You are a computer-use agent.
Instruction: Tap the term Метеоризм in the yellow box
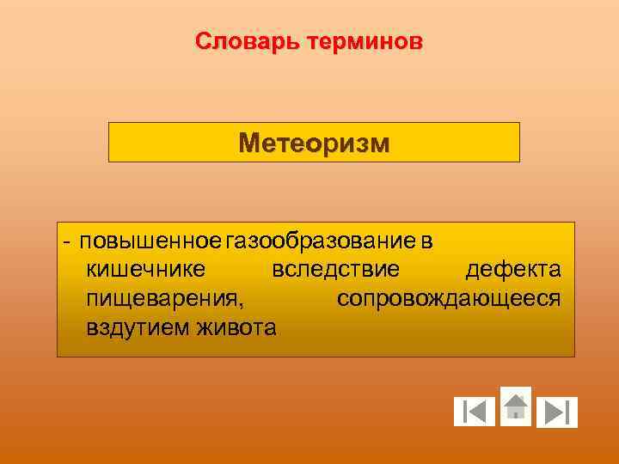[314, 143]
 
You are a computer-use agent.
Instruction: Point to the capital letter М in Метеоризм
[249, 143]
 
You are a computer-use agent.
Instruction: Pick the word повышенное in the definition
[150, 241]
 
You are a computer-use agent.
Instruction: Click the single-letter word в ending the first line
[426, 241]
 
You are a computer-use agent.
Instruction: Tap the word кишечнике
[145, 270]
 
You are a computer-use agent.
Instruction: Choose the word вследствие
[335, 270]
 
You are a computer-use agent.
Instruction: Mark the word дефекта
[513, 270]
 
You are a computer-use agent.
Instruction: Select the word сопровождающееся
[449, 298]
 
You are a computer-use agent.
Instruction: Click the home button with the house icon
[516, 406]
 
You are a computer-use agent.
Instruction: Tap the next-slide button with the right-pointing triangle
[557, 412]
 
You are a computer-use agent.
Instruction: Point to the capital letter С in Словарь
[203, 41]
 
